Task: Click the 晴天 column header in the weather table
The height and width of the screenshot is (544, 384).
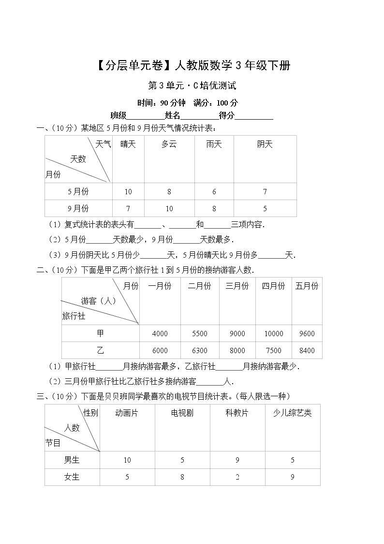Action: coord(128,144)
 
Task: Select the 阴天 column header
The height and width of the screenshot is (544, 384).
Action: coord(265,144)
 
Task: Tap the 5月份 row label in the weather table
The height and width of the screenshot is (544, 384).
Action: coord(78,192)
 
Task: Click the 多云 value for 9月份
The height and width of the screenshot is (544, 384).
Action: coord(169,209)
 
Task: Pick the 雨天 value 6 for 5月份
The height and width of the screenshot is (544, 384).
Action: coord(214,192)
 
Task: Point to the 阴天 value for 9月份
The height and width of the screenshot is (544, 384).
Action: coord(265,209)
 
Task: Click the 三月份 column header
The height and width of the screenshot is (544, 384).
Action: coord(237,286)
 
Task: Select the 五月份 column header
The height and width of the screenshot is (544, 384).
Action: coord(307,286)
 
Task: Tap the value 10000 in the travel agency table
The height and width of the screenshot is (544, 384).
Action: coord(274,334)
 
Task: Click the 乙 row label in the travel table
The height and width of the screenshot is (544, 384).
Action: coord(100,350)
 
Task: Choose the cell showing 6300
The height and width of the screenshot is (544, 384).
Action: coord(199,351)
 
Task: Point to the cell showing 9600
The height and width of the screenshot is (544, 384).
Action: coord(307,334)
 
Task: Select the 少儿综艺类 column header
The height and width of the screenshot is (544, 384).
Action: coord(292,413)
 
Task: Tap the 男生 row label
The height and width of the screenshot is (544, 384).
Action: coord(72,460)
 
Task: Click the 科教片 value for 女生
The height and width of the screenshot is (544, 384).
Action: coord(237,477)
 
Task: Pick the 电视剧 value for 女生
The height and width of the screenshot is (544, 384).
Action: coord(182,477)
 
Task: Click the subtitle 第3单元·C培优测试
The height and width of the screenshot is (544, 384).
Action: coord(192,86)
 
